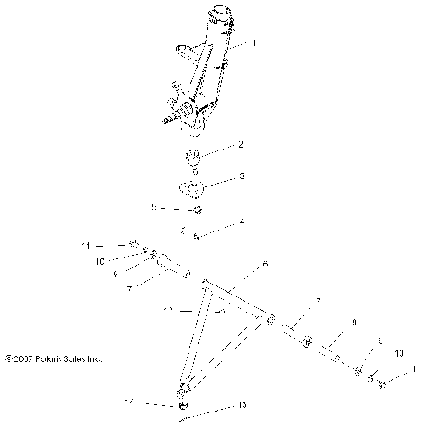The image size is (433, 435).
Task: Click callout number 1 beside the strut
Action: (253, 43)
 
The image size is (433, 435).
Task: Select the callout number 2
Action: (240, 144)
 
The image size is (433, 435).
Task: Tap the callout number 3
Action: (241, 177)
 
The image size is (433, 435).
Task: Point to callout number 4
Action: (241, 221)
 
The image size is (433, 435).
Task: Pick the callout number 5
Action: (154, 208)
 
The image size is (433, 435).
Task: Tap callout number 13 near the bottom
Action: (241, 406)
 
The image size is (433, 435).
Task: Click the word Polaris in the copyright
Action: (55, 358)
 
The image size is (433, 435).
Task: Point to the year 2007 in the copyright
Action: (24, 358)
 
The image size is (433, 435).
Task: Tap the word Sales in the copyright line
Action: (86, 358)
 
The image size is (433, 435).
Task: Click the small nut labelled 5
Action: (195, 209)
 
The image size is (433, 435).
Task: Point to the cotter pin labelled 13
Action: (185, 415)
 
